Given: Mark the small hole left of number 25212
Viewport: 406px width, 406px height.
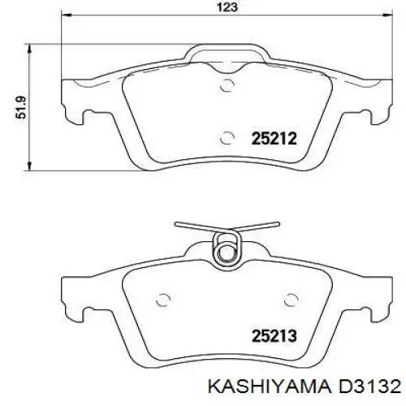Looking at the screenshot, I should [x=228, y=137].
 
